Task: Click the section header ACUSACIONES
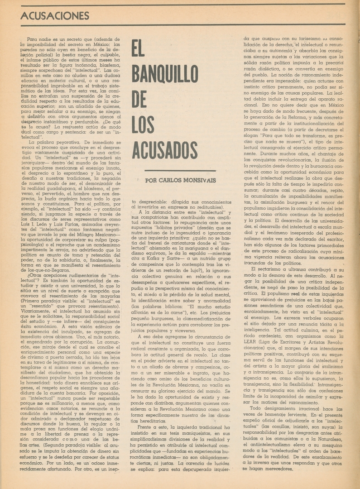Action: coord(55,15)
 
